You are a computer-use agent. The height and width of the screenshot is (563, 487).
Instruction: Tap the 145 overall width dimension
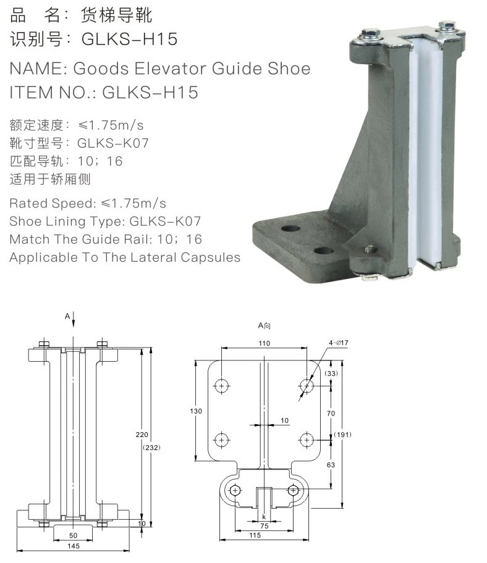[73, 546]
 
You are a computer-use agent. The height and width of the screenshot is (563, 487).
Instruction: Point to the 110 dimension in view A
[265, 343]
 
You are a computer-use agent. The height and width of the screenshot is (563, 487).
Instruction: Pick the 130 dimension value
[197, 410]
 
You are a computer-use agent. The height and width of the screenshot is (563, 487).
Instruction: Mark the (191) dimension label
[343, 435]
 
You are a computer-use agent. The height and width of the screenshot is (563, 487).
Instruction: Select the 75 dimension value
[264, 526]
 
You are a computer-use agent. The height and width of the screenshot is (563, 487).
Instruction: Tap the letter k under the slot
[264, 515]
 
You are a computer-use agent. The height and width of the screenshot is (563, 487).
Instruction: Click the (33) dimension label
[331, 373]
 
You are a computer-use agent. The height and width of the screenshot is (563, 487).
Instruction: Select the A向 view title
[265, 325]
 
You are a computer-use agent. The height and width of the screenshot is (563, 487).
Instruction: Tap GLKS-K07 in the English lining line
[165, 221]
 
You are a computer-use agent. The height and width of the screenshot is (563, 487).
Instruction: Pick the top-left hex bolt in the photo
[365, 34]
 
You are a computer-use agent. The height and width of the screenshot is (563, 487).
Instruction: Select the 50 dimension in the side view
[73, 535]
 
